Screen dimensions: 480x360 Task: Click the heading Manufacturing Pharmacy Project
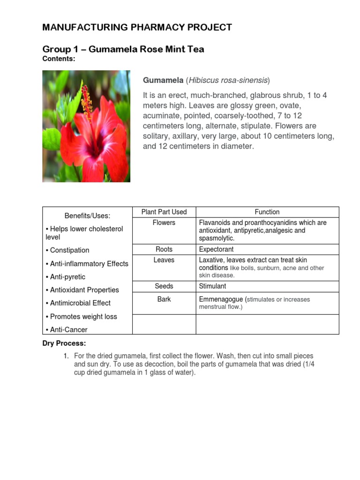[x=137, y=27]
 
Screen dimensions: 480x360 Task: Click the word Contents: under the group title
[x=59, y=59]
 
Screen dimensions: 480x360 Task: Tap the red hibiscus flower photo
[x=86, y=126]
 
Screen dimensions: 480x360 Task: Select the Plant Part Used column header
[x=164, y=212]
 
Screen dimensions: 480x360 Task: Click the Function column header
[x=267, y=212]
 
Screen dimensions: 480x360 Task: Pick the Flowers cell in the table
[x=164, y=223]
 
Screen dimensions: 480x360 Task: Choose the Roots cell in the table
[x=164, y=249]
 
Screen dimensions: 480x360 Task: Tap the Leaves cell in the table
[x=164, y=260]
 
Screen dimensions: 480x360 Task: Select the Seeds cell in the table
[x=164, y=286]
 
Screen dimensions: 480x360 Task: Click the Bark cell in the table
[x=164, y=299]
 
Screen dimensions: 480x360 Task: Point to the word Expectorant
[x=216, y=249]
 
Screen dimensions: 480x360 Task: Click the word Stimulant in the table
[x=212, y=286]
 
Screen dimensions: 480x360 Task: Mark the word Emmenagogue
[x=221, y=299]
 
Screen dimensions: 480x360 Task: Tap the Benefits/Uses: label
[x=87, y=216]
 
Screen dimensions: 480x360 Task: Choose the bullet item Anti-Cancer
[x=68, y=330]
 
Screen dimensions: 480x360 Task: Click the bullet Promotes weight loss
[x=83, y=316]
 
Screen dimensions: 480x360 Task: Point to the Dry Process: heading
[x=64, y=344]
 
